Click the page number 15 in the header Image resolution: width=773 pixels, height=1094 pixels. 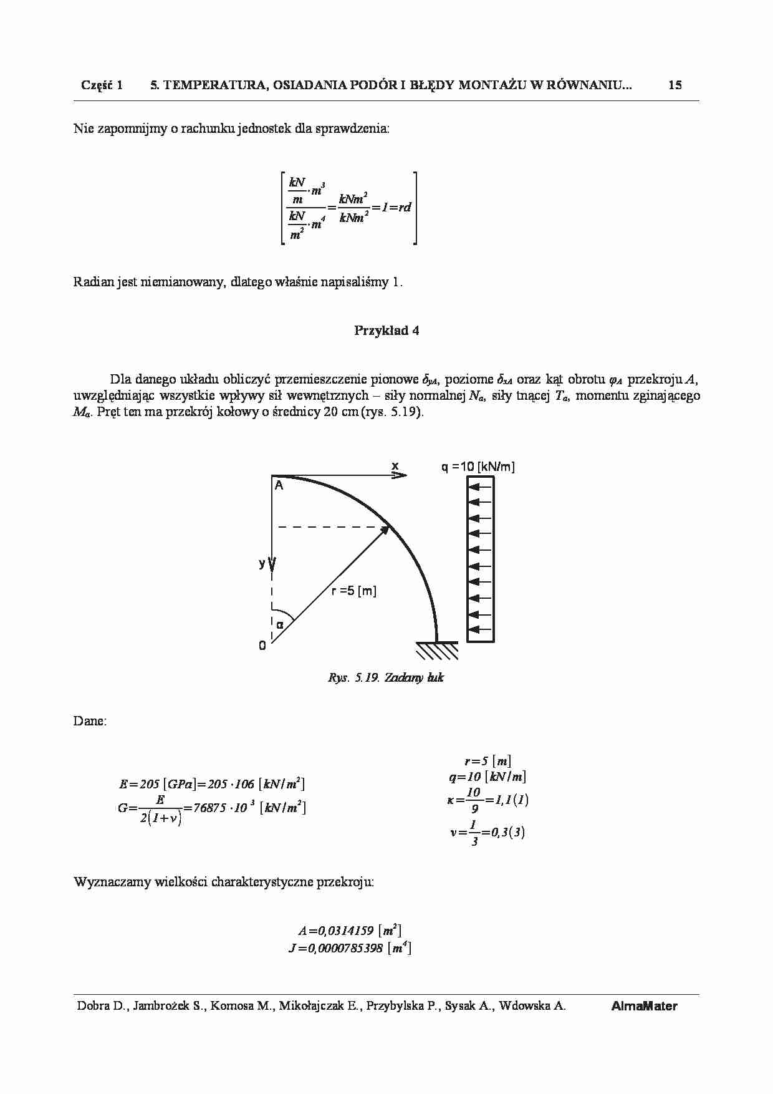tap(675, 85)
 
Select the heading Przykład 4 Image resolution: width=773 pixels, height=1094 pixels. tap(386, 331)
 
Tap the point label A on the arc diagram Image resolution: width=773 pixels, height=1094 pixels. tap(279, 486)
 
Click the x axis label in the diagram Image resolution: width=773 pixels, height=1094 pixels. tap(395, 466)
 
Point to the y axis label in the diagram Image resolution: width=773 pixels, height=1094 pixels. tap(262, 563)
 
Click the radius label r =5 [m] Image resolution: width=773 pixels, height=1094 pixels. tap(353, 591)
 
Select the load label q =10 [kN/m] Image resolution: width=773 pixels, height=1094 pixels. tap(478, 467)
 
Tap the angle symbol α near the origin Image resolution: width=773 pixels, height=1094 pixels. tap(280, 624)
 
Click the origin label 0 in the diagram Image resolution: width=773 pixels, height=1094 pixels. tap(262, 646)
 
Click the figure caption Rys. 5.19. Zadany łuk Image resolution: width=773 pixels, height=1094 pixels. tap(386, 677)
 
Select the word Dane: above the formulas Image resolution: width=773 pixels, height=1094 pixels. tap(90, 721)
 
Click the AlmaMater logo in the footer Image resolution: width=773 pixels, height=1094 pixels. tap(644, 1006)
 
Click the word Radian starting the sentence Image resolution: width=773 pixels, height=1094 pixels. tap(94, 282)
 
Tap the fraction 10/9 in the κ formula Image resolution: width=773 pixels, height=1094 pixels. tap(474, 800)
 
